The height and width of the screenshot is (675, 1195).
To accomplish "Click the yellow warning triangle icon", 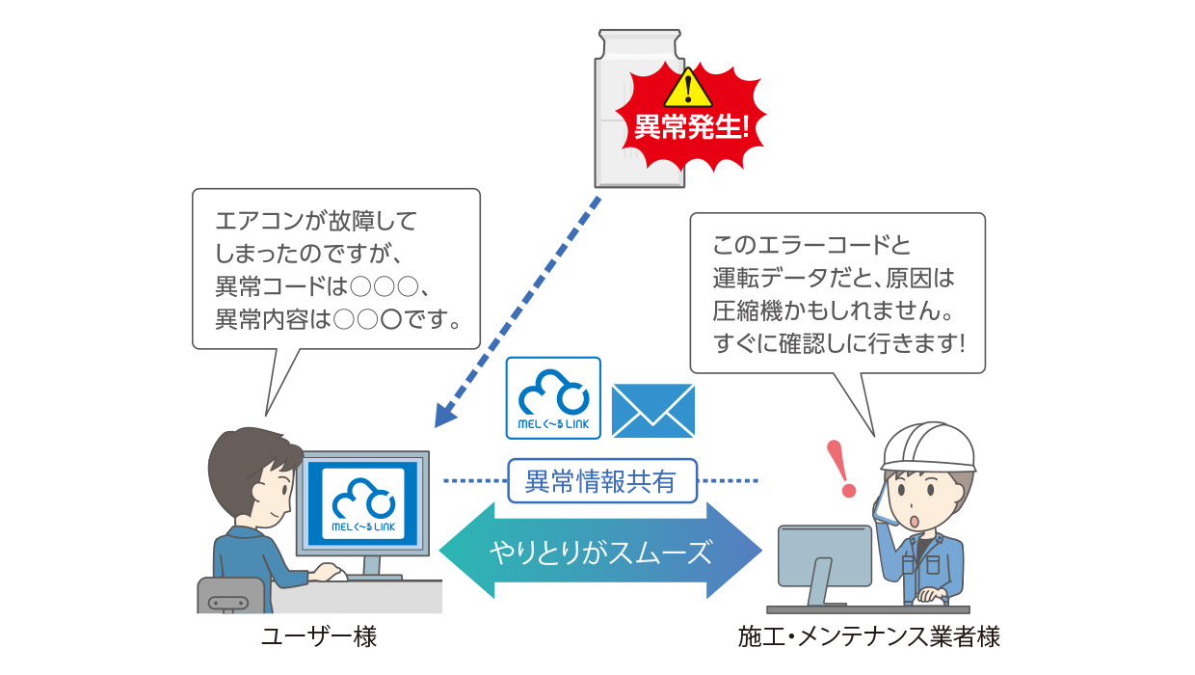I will (688, 89).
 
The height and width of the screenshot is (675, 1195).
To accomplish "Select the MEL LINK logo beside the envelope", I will (553, 398).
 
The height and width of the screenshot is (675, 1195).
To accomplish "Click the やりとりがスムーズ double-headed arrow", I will (600, 553).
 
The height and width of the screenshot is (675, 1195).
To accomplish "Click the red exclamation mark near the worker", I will (844, 467).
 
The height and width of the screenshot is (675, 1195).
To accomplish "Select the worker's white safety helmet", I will (927, 445).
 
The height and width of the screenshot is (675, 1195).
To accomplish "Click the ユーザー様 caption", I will (319, 638).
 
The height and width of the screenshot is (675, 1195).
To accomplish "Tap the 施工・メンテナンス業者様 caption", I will (868, 638).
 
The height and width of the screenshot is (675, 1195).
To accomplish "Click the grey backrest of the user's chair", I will (229, 594).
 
